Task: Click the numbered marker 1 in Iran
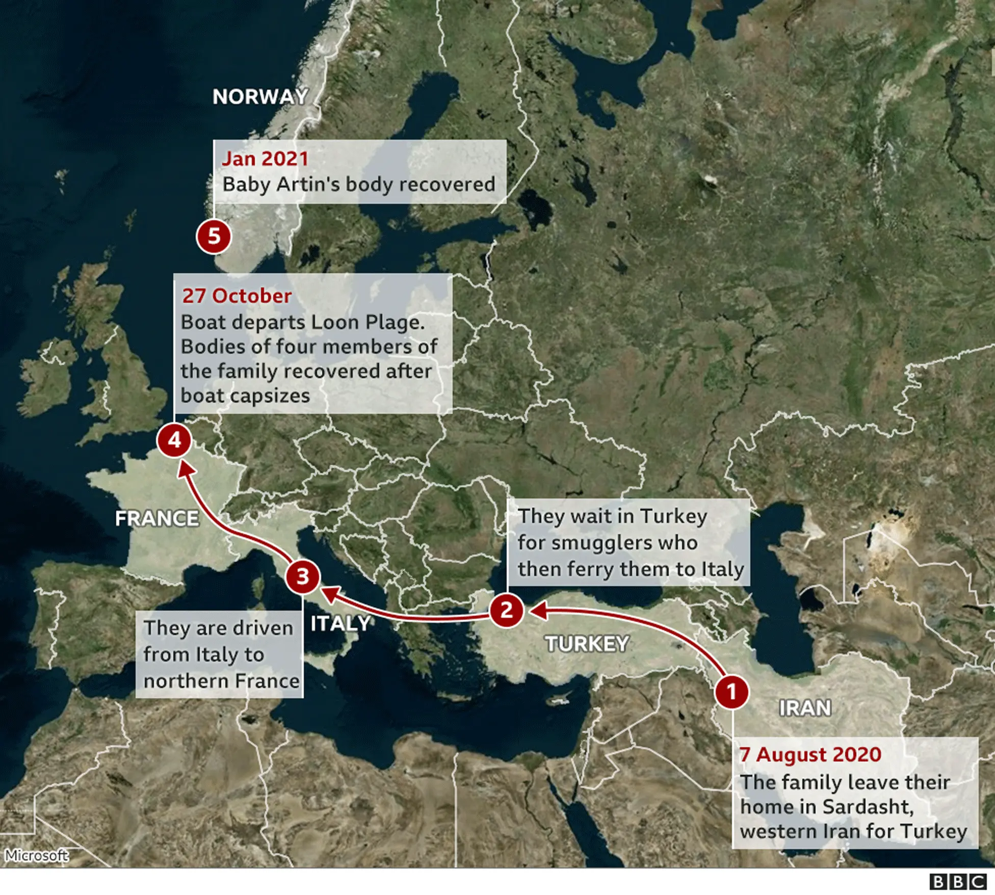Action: click(731, 692)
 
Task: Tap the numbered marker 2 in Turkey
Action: click(507, 610)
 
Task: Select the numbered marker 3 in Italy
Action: click(303, 577)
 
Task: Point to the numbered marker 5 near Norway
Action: click(214, 237)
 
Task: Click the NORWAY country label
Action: click(260, 97)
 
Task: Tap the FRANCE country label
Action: click(157, 519)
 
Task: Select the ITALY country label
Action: click(340, 623)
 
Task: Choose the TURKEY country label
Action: click(587, 644)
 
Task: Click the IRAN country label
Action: click(805, 708)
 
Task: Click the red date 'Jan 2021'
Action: click(265, 159)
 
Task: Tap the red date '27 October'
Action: click(237, 296)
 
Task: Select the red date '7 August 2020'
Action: click(810, 755)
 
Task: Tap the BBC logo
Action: click(958, 881)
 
